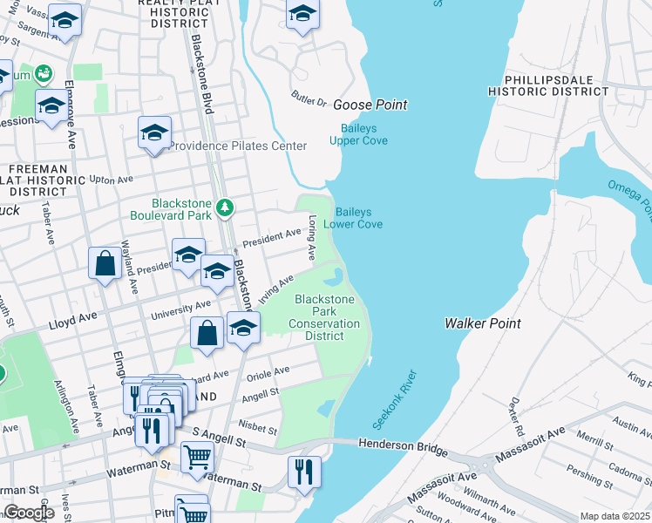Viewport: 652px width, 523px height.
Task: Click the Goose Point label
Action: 370,105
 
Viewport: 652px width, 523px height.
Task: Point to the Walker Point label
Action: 482,323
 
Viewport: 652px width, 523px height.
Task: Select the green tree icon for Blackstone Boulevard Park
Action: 226,207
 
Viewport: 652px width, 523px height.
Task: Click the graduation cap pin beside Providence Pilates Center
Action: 154,133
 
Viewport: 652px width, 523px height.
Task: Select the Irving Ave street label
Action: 275,284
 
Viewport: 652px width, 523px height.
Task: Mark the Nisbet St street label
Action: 257,427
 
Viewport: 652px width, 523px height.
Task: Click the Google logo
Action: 28,513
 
